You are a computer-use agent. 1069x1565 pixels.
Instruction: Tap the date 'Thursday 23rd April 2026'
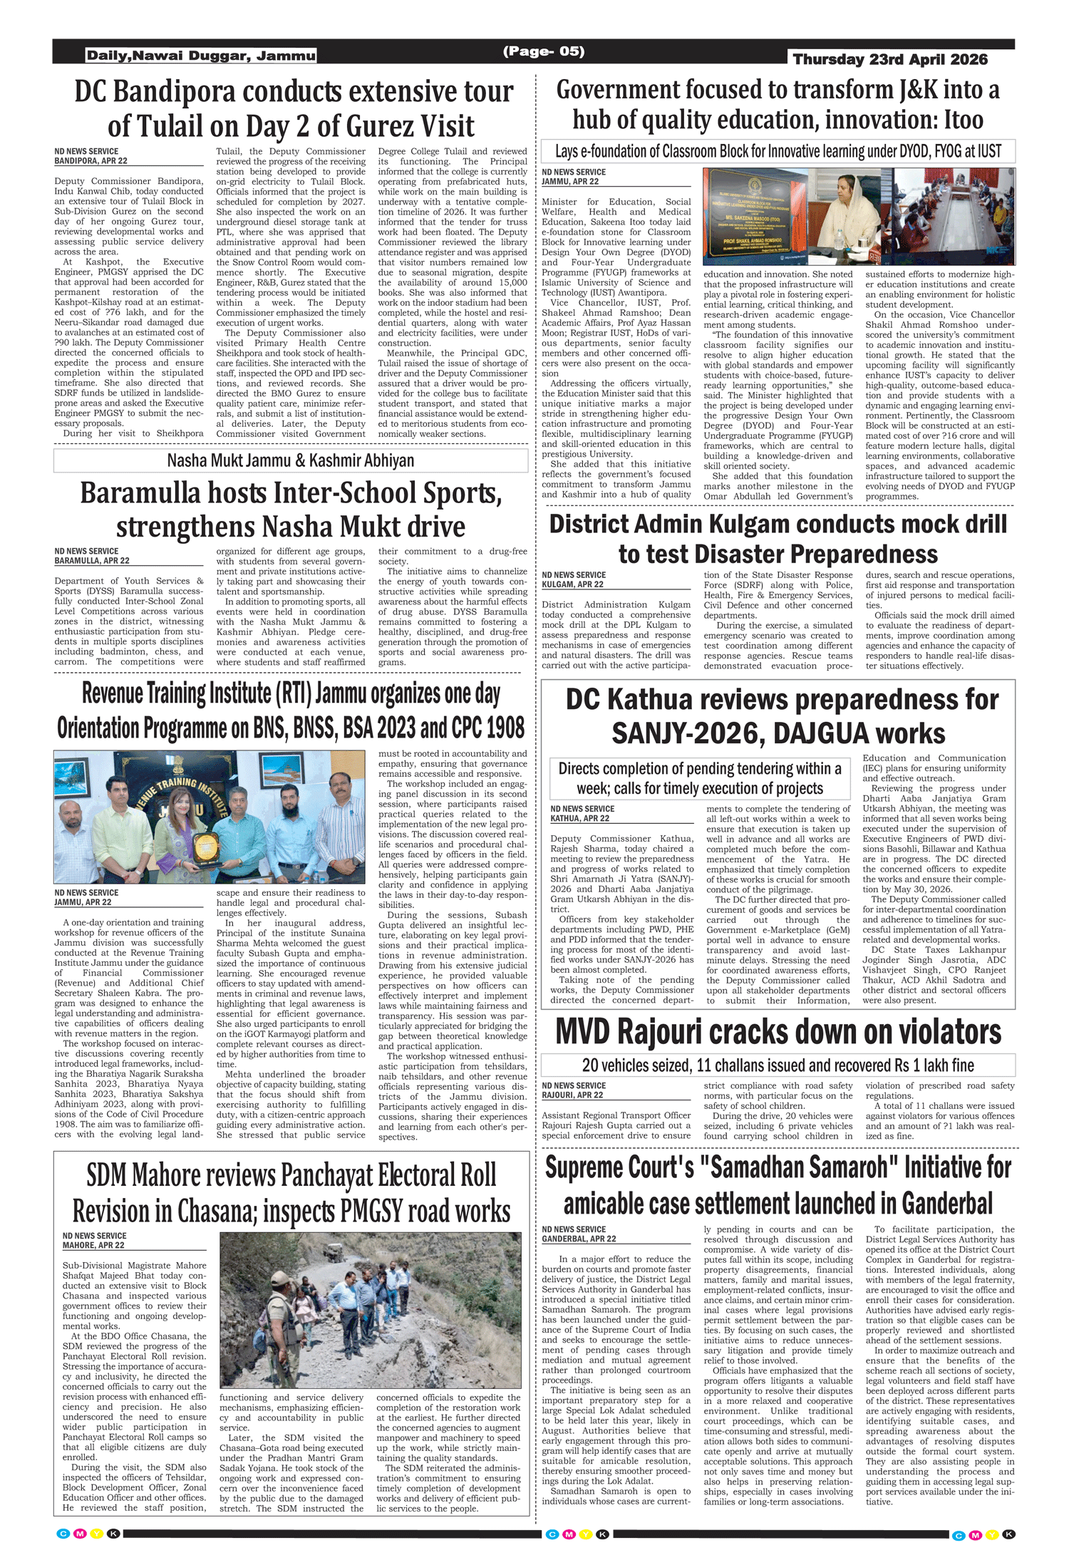[x=890, y=60]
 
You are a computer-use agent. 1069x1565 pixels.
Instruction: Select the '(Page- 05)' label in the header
[x=544, y=51]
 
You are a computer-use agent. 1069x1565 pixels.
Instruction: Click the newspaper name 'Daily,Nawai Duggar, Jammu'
[x=201, y=56]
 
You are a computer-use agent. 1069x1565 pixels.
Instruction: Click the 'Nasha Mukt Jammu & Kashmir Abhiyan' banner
[x=290, y=460]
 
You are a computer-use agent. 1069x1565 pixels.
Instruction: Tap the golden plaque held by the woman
[x=206, y=845]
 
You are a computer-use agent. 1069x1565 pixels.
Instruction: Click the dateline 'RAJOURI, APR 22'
[x=572, y=1095]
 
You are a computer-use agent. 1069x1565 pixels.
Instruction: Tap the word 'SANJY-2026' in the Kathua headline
[x=670, y=734]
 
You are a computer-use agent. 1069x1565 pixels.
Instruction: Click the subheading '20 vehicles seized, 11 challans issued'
[x=778, y=1065]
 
